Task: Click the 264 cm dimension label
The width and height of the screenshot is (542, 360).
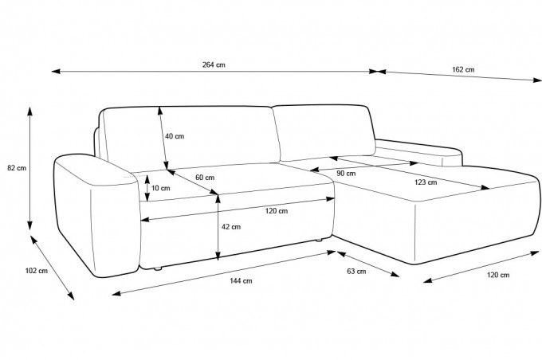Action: coord(214,65)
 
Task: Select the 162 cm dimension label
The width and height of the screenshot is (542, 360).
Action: coord(463,69)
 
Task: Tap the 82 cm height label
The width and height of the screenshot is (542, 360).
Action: coord(17,168)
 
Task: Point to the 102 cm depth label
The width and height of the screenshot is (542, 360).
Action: coord(37,271)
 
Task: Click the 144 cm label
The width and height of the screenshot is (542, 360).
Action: coord(241,280)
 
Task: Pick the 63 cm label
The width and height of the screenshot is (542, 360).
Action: coord(356,272)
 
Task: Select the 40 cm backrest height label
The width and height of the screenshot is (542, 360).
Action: coord(175,136)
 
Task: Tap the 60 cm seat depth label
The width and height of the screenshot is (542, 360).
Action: coord(205,178)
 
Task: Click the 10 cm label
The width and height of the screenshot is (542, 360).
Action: coord(161,188)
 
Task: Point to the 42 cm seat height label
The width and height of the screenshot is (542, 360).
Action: coord(231,227)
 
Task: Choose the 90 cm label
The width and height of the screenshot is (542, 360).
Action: coord(346,174)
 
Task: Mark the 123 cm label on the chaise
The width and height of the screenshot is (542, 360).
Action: coord(426,182)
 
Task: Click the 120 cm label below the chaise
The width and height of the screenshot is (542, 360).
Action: coord(498,275)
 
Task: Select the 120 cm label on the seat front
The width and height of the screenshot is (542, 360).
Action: coord(277,211)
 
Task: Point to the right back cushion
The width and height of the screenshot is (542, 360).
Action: coord(325,132)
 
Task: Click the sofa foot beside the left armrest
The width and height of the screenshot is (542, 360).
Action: coord(158,268)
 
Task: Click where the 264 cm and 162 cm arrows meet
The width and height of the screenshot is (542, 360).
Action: coord(377,72)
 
